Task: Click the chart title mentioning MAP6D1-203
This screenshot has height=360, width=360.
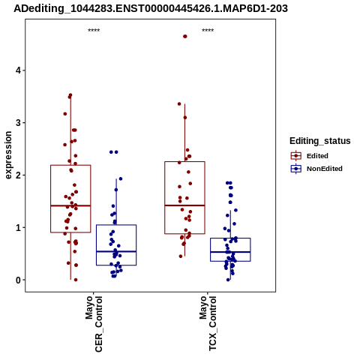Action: click(x=151, y=8)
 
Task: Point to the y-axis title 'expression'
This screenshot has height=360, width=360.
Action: click(x=8, y=155)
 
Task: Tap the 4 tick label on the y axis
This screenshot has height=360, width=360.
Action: click(x=18, y=70)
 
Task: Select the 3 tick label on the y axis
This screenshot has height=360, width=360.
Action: click(x=18, y=123)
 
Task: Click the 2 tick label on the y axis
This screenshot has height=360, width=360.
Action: click(x=18, y=175)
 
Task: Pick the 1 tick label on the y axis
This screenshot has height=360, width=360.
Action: click(x=18, y=228)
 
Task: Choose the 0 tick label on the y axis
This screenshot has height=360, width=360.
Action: click(x=18, y=280)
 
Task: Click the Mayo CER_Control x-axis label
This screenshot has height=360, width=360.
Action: click(x=94, y=324)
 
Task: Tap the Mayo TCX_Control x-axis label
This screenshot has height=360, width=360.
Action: click(x=208, y=323)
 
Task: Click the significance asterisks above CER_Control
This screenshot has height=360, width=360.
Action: click(x=94, y=31)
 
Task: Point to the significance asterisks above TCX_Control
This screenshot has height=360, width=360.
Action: click(x=208, y=31)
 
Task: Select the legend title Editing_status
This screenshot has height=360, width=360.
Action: click(x=320, y=141)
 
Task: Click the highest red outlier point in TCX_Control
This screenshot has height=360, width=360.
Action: click(x=185, y=37)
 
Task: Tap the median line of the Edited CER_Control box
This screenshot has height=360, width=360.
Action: click(x=70, y=205)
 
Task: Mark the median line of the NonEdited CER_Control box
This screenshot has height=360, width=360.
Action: click(x=116, y=251)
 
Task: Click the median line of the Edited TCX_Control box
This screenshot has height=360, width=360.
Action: click(x=184, y=205)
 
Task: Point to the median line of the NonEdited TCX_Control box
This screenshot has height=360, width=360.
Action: click(x=230, y=252)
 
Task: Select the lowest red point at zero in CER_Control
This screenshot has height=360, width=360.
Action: click(x=76, y=280)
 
